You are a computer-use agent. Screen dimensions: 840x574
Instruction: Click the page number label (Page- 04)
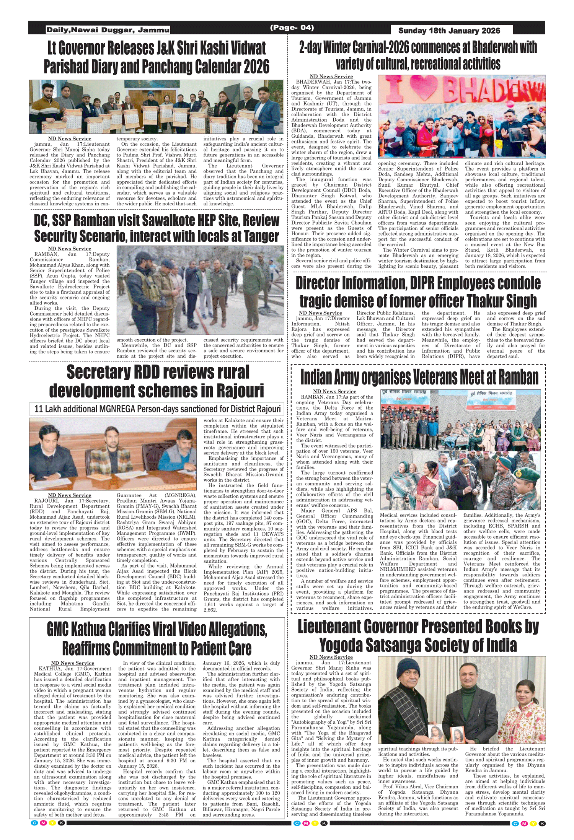pyautogui.click(x=292, y=28)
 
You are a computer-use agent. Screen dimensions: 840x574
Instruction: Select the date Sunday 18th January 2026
pyautogui.click(x=449, y=31)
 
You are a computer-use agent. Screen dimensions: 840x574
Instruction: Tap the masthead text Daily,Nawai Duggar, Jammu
pyautogui.click(x=108, y=30)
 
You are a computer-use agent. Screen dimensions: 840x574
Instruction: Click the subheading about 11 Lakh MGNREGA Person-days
pyautogui.click(x=157, y=409)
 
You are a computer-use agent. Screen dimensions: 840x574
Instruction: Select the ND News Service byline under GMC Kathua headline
pyautogui.click(x=73, y=663)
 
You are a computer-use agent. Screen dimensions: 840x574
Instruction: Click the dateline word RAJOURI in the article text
pyautogui.click(x=46, y=501)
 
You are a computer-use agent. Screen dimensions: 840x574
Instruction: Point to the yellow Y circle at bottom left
pyautogui.click(x=52, y=823)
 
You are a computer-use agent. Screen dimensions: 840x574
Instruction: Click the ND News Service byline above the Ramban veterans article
pyautogui.click(x=334, y=391)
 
